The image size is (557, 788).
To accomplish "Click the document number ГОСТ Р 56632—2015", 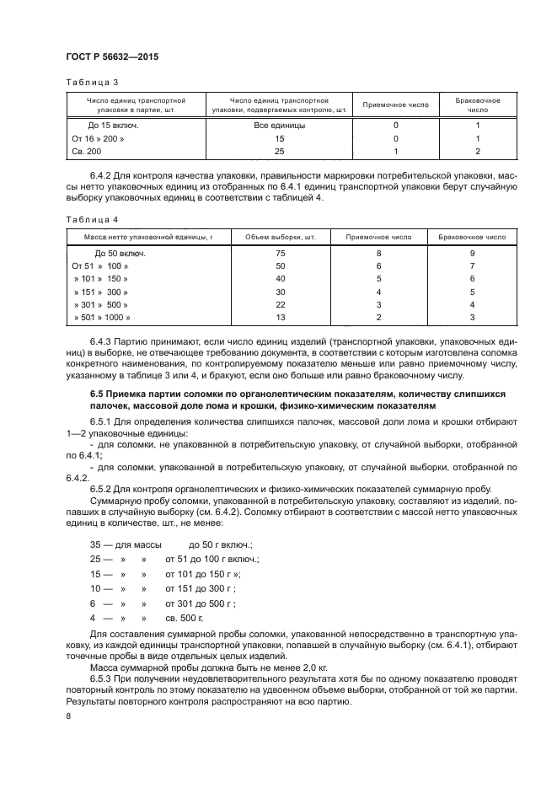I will [x=111, y=56].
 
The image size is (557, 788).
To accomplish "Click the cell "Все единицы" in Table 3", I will [x=280, y=125].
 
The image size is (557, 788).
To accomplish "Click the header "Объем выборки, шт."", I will [x=280, y=239].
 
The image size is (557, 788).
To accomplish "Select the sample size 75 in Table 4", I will [x=280, y=253].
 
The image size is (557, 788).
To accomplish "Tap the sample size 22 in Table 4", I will [x=280, y=304].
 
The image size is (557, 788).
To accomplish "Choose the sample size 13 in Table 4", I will [x=280, y=318].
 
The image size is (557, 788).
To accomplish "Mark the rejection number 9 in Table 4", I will [x=472, y=253].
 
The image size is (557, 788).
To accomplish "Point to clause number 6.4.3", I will [x=103, y=341].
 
